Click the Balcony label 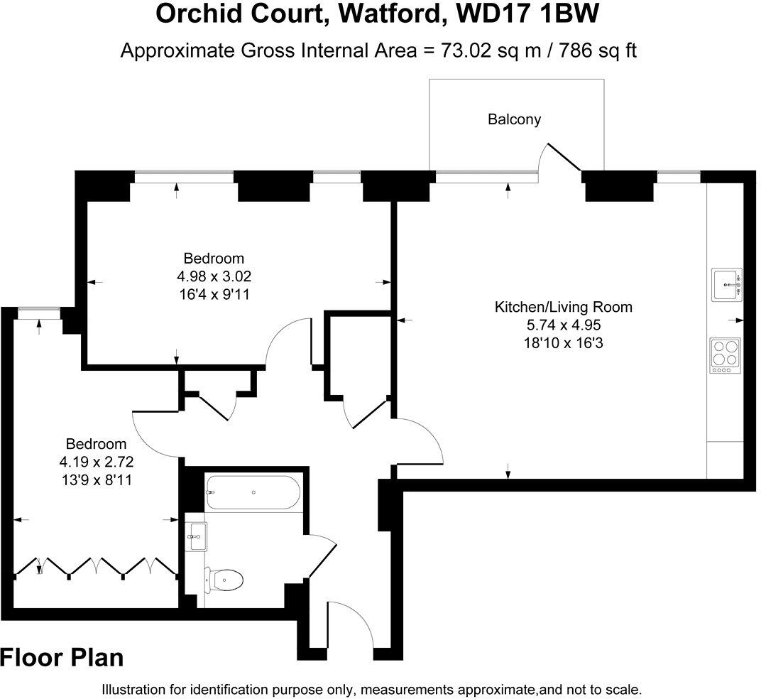point(514,119)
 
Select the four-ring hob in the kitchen point(725,355)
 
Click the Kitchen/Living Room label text point(563,308)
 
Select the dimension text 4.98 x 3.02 point(214,276)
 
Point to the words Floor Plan point(62,658)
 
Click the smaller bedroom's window point(38,309)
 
